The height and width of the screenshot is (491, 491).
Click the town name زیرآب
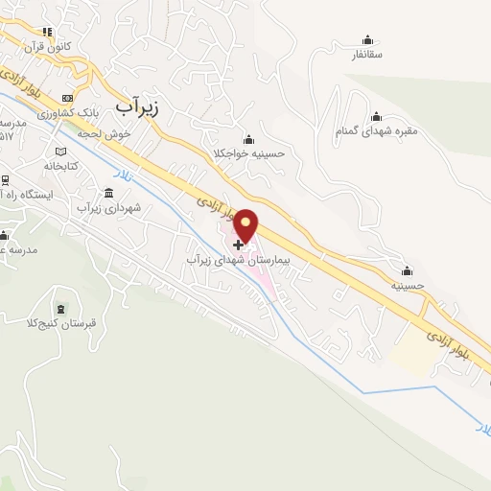135,107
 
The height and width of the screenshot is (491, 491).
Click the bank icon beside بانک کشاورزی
66,99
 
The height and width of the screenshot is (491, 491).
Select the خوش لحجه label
105,134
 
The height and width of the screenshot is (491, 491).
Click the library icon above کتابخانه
60,152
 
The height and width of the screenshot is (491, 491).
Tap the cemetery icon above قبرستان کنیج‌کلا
60,309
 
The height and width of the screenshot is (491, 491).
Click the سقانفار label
367,56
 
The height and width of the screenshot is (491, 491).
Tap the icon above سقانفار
367,40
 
